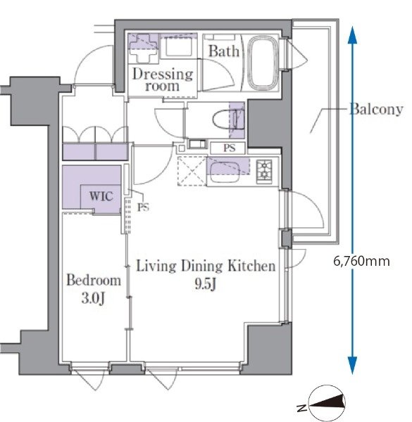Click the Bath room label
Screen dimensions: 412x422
224,51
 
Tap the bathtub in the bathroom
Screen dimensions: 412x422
263,63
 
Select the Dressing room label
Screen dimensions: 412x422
163,80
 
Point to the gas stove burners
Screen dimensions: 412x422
264,171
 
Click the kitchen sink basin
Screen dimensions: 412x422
225,172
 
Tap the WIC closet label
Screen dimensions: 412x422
101,196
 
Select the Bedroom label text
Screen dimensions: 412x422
94,280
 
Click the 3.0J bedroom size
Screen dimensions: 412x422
93,298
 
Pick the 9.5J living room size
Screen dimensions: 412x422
206,283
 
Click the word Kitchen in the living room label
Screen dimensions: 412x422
251,266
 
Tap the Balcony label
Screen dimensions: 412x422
376,109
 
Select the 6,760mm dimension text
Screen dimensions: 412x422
361,261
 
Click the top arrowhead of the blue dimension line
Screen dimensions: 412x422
352,35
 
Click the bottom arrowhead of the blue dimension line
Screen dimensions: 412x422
352,365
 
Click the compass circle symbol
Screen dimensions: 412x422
327,403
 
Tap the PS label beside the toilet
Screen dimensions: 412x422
230,148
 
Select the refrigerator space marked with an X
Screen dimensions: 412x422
192,171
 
